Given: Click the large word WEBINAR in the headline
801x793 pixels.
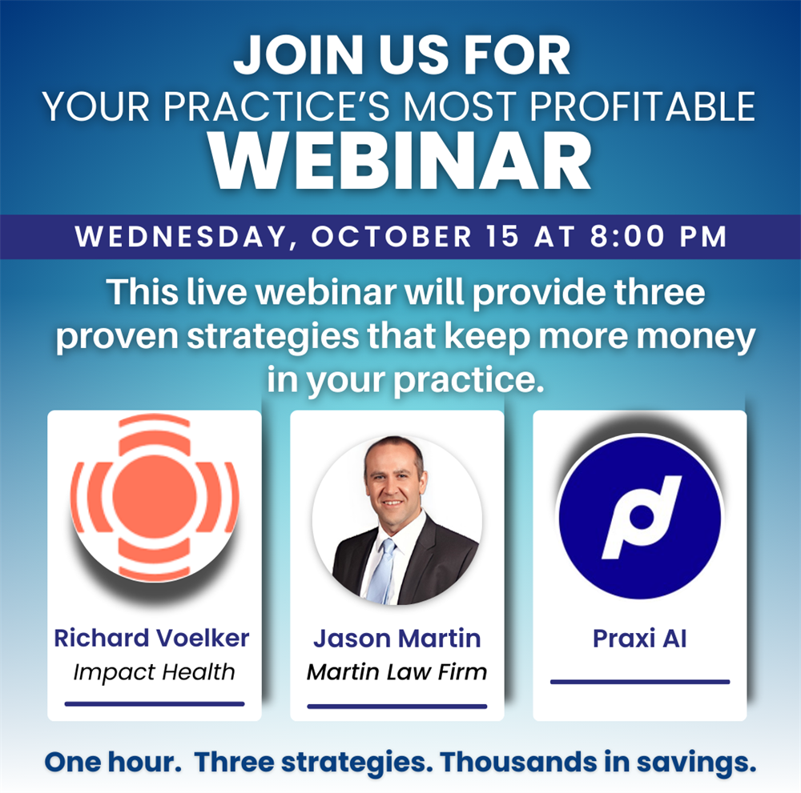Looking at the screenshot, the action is point(400,161).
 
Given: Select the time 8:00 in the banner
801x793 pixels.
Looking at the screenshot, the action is point(628,236).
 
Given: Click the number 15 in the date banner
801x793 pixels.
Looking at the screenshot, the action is point(502,236).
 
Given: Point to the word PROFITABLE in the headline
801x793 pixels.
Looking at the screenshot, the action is point(642,106).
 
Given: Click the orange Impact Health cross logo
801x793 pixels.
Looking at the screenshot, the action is point(155,498).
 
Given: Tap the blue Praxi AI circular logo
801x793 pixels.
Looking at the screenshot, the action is point(639,516).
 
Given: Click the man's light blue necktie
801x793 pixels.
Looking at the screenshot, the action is point(383,571).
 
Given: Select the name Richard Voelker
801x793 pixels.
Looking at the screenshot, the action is point(151,638).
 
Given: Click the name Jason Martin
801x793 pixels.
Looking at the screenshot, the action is point(397,639).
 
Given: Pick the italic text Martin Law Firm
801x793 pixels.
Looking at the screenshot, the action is point(397,671).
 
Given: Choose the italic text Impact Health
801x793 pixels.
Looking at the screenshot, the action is point(154,673).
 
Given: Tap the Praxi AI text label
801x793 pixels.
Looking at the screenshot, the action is point(639,639).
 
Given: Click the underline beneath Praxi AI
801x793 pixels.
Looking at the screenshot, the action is point(640,682).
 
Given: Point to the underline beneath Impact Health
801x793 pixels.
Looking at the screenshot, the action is point(155,704).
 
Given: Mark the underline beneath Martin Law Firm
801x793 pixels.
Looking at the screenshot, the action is point(397,707).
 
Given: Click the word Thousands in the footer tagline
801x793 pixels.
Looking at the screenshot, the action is point(518,762).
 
